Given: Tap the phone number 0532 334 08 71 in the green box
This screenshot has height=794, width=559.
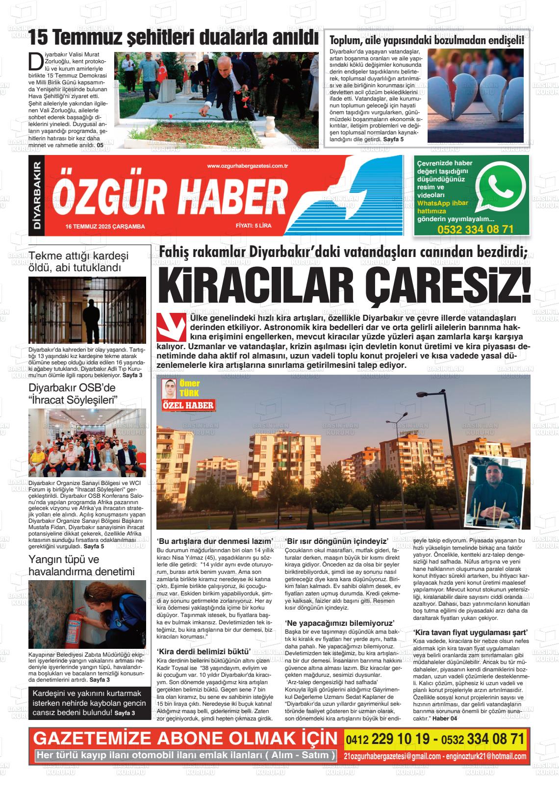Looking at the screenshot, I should click(x=475, y=230).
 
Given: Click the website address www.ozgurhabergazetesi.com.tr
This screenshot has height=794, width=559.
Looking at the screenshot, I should click(x=247, y=166).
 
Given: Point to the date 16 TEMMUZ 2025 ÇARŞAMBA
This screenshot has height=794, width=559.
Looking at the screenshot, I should click(x=105, y=226).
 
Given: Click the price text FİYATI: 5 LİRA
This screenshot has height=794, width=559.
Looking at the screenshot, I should click(x=253, y=226).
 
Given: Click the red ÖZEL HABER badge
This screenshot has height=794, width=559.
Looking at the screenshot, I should click(x=188, y=406).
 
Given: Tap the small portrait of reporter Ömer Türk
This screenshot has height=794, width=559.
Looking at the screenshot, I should click(x=169, y=388).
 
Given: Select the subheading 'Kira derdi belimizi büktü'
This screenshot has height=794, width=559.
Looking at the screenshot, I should click(x=203, y=651).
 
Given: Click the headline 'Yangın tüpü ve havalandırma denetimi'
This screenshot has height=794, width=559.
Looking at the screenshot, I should click(x=81, y=565).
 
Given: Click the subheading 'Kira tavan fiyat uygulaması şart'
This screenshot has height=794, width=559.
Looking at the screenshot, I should click(x=470, y=632).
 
